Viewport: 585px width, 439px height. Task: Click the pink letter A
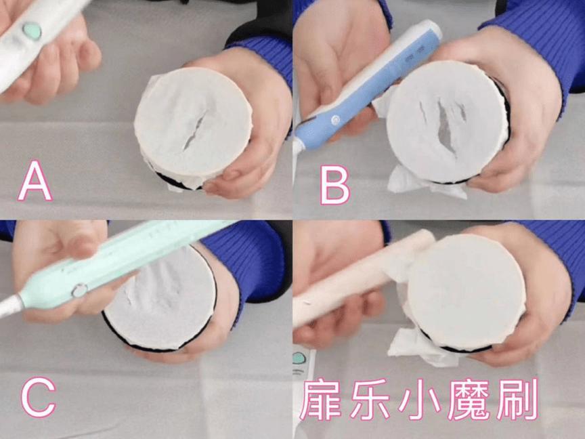click(x=35, y=182)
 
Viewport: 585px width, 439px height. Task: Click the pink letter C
click(x=38, y=398)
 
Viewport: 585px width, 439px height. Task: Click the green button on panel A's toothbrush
click(x=32, y=30)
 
